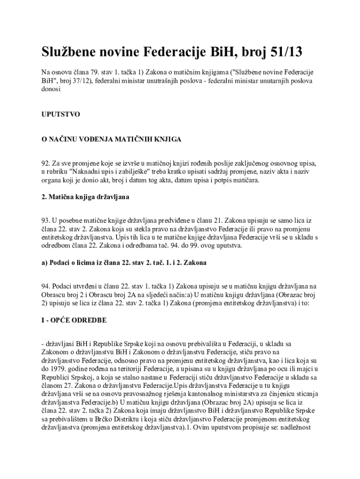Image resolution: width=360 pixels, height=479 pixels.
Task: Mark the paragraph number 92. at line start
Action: coord(46,164)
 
